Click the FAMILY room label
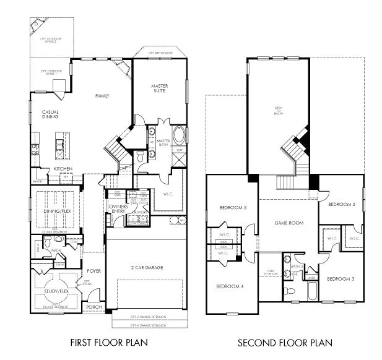tap(102, 96)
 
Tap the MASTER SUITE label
tap(160, 88)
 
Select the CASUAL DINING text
tap(50, 115)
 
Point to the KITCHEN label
tap(63, 168)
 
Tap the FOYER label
tap(93, 270)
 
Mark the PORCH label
tap(93, 307)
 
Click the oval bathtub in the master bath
tap(178, 135)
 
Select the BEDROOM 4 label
tap(229, 286)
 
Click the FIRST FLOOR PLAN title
tap(109, 342)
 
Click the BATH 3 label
tap(295, 266)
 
